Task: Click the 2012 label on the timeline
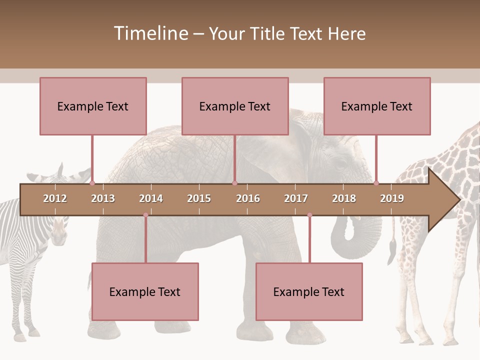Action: pos(55,198)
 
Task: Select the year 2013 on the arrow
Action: pos(103,198)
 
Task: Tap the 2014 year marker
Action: pos(151,198)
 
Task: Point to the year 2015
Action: pos(199,198)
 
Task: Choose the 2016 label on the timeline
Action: pos(248,198)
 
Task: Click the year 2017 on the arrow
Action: pos(296,198)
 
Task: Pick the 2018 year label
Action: pos(344,198)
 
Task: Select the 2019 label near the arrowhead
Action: pos(392,198)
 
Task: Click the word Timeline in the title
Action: pos(150,33)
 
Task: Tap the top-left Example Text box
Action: pos(93,106)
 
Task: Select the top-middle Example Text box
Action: pos(235,106)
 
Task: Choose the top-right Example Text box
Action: pos(377,106)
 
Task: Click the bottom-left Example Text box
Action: pos(145,291)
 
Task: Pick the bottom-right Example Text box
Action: pos(309,291)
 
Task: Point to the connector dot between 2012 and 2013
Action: pos(92,183)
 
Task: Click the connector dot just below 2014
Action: pos(145,215)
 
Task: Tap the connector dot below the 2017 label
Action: pos(309,215)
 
